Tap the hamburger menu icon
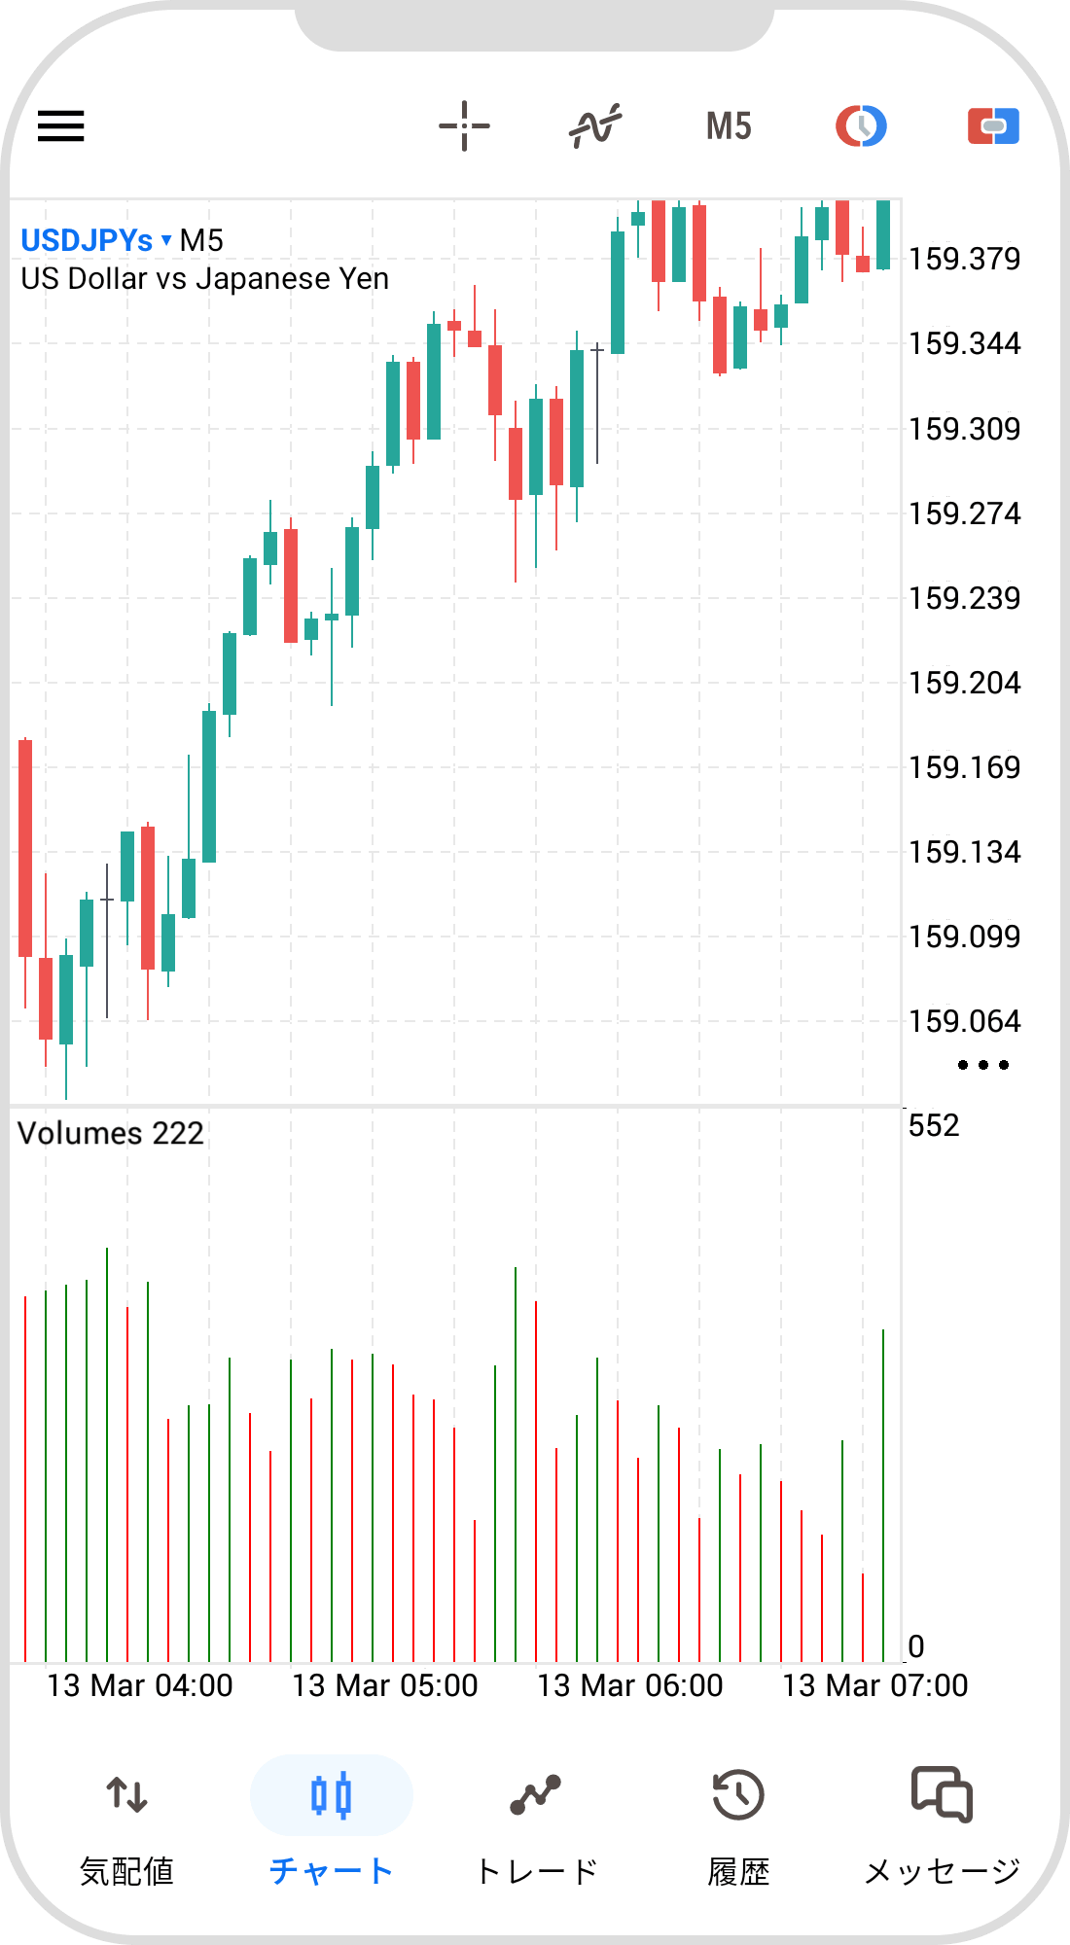[x=61, y=126]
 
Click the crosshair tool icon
[x=464, y=126]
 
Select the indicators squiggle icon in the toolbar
[x=595, y=126]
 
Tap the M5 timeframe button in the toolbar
[x=729, y=126]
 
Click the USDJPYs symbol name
[x=88, y=240]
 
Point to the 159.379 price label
[x=964, y=259]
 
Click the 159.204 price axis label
[x=964, y=683]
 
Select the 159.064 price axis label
[x=964, y=1021]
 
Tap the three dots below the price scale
[x=982, y=1065]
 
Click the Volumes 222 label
[x=111, y=1133]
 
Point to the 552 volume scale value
[x=934, y=1125]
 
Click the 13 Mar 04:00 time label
[x=140, y=1685]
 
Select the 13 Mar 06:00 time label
[x=630, y=1685]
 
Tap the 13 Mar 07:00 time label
[x=875, y=1685]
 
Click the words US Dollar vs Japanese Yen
[x=205, y=279]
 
